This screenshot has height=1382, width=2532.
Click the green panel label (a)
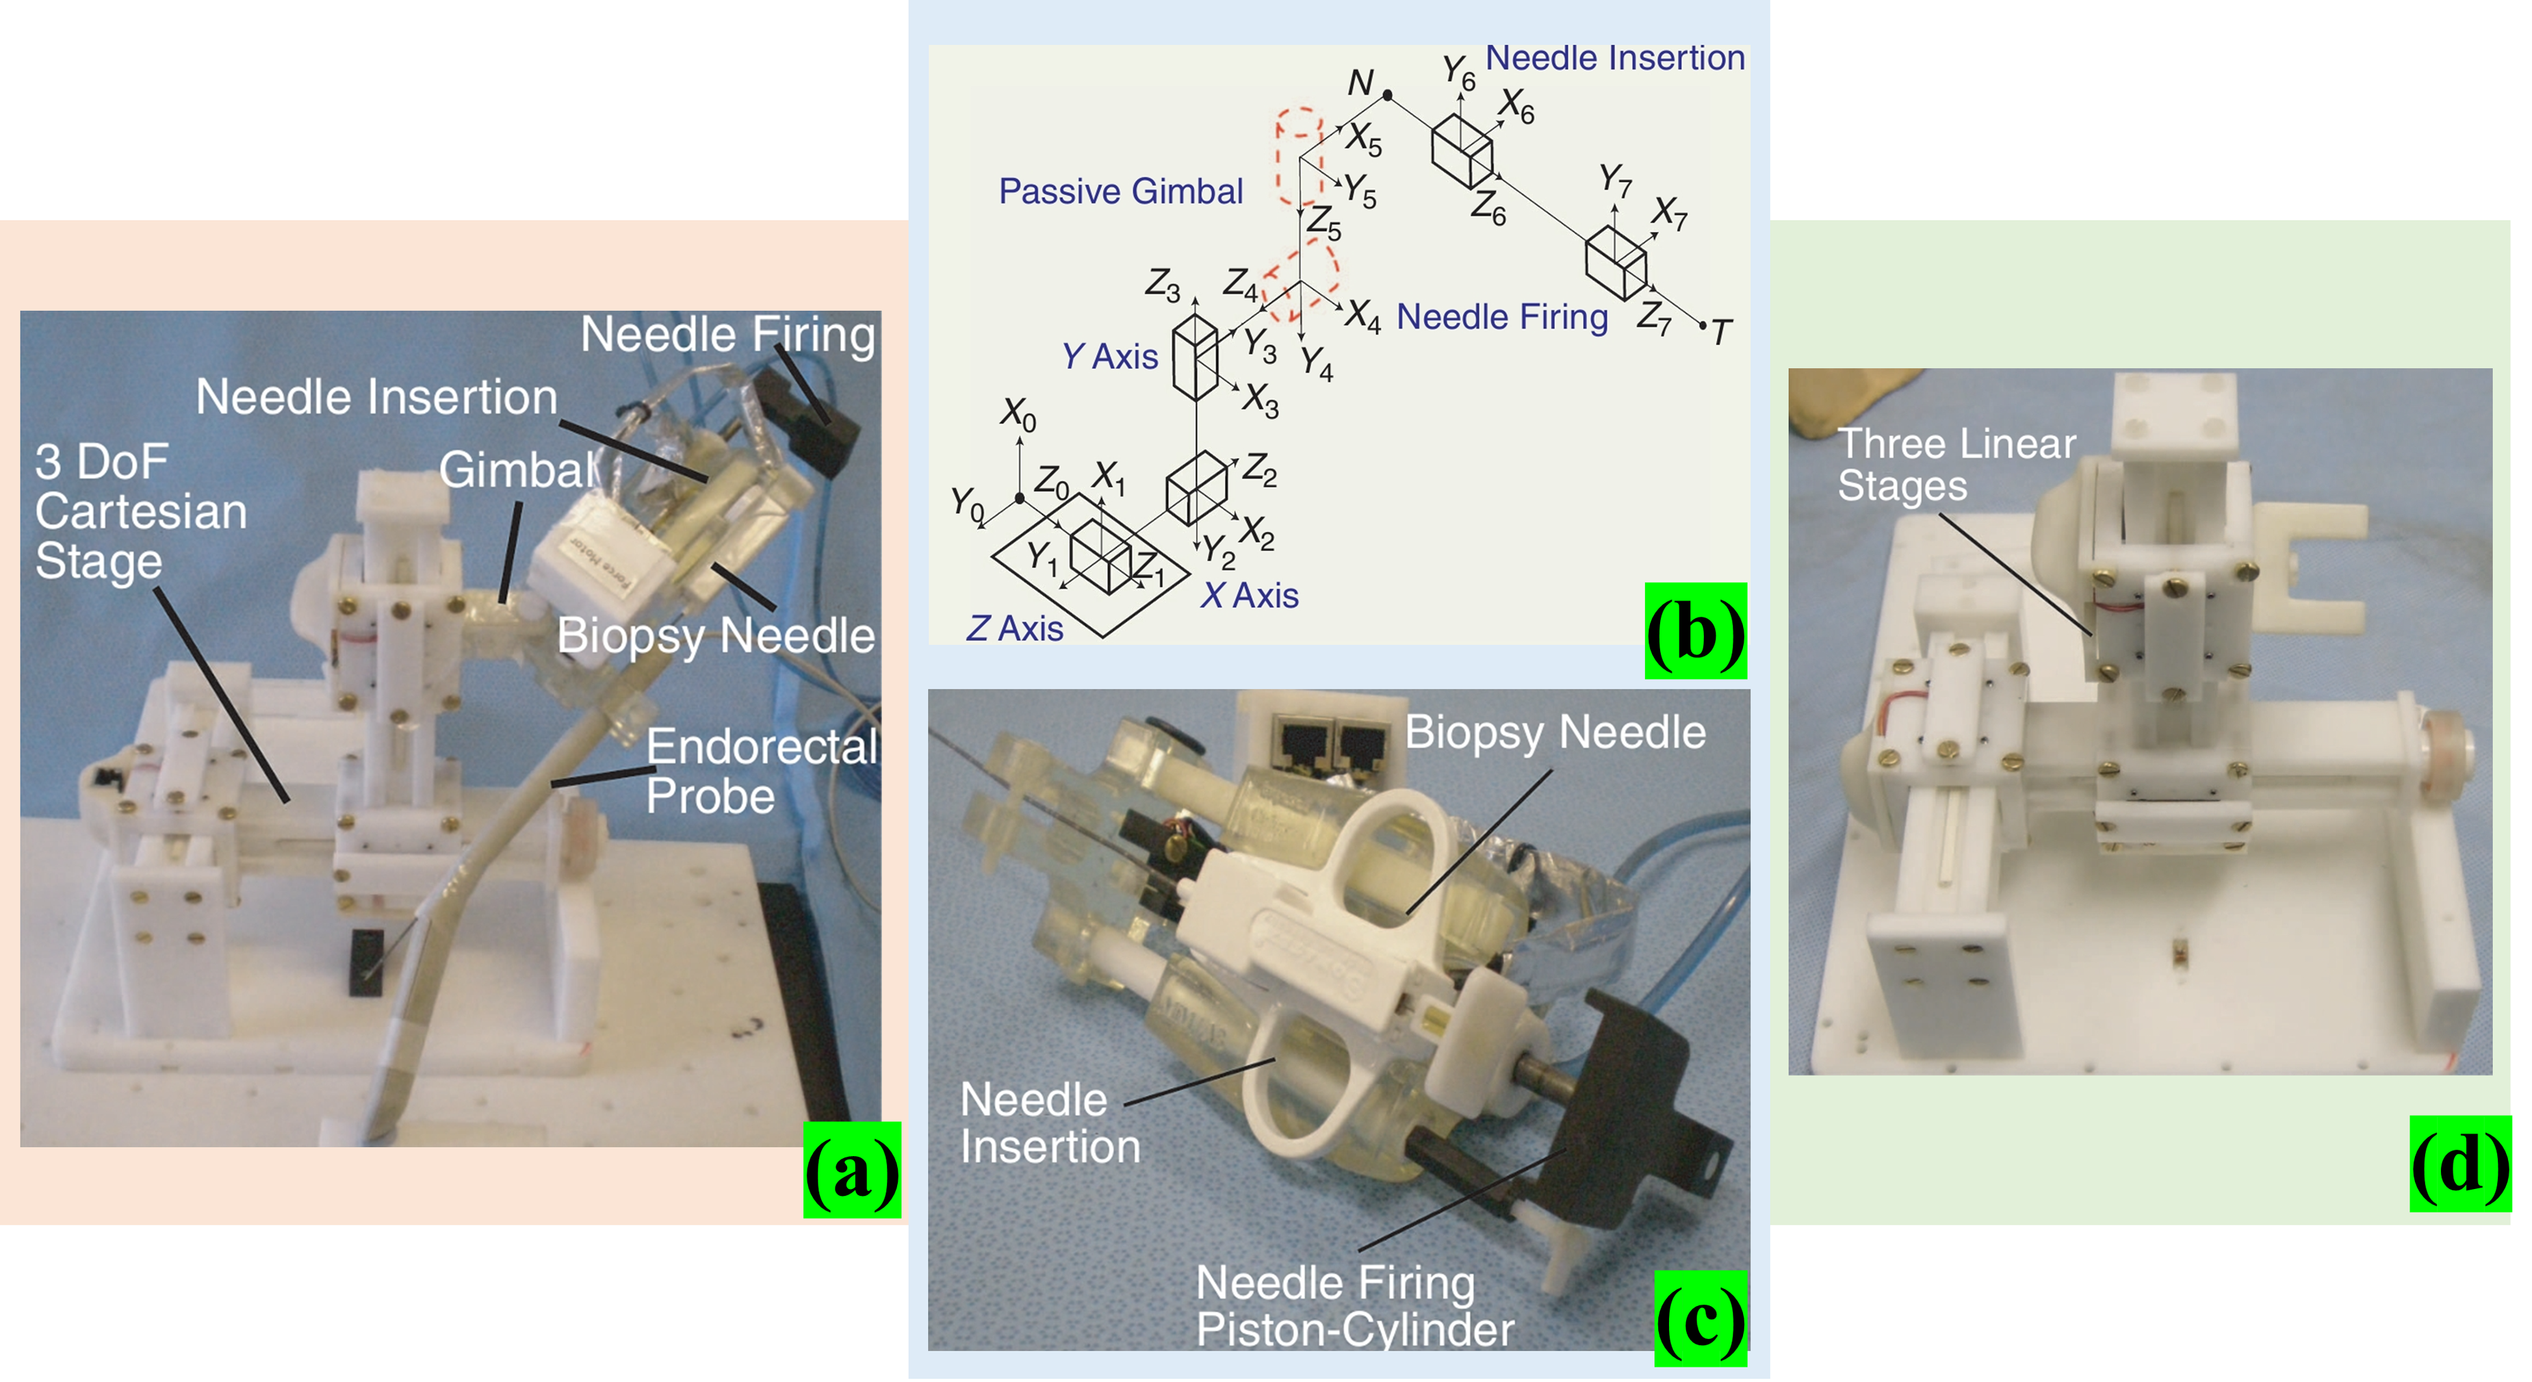coord(852,1170)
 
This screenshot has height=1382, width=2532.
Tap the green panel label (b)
coord(1696,631)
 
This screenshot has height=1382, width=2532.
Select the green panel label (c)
coord(1701,1318)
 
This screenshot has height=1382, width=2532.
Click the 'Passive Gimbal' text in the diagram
coord(1120,191)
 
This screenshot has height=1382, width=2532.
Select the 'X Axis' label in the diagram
coord(1250,595)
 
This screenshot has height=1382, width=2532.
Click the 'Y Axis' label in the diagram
coord(1110,356)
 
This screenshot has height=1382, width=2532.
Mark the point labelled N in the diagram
coord(1388,95)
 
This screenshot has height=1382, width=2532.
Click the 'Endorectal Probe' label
coord(762,771)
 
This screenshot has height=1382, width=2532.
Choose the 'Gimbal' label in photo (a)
coord(518,470)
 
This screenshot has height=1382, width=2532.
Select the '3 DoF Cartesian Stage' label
coord(140,512)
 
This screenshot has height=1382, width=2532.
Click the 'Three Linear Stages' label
coord(1956,465)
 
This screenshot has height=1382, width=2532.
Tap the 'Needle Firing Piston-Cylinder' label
coord(1354,1306)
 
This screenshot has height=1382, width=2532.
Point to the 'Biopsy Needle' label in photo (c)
coord(1555,732)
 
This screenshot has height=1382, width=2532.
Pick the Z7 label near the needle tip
coord(1654,318)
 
